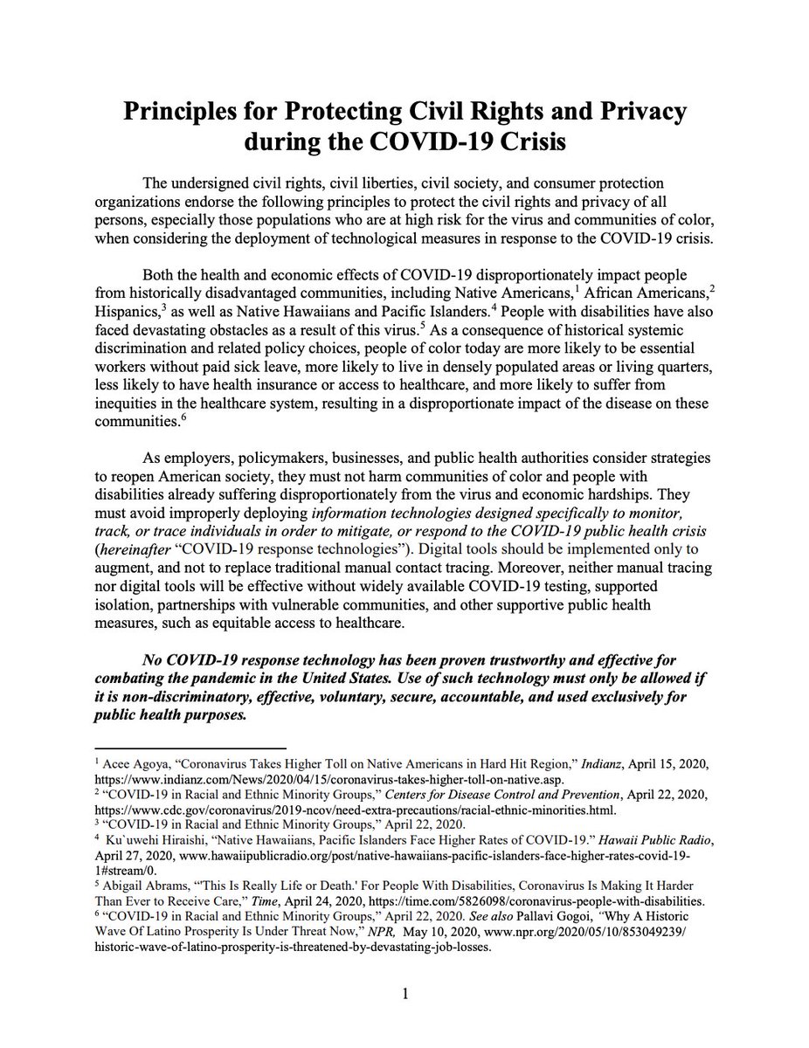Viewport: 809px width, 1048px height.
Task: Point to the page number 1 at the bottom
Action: point(405,994)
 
